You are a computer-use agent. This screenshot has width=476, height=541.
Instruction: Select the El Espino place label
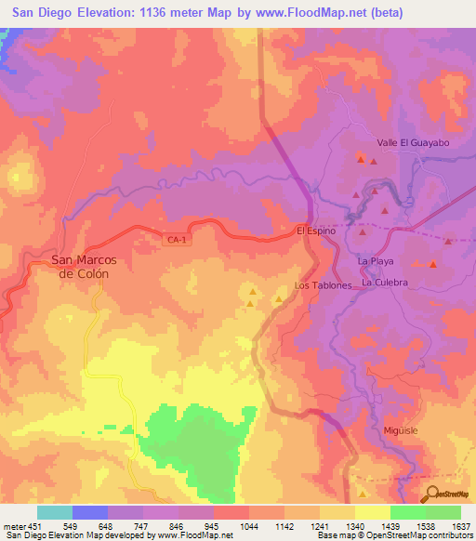314,231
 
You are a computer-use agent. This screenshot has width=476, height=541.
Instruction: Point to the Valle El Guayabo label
413,143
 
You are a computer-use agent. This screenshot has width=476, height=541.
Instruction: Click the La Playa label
377,263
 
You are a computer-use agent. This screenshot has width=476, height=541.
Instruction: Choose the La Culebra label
385,282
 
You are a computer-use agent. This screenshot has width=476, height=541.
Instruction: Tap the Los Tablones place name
323,285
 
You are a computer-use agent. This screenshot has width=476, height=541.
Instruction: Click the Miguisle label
403,431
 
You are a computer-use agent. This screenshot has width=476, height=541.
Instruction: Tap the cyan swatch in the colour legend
54,512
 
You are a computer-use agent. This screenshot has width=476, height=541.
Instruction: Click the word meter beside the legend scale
14,525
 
